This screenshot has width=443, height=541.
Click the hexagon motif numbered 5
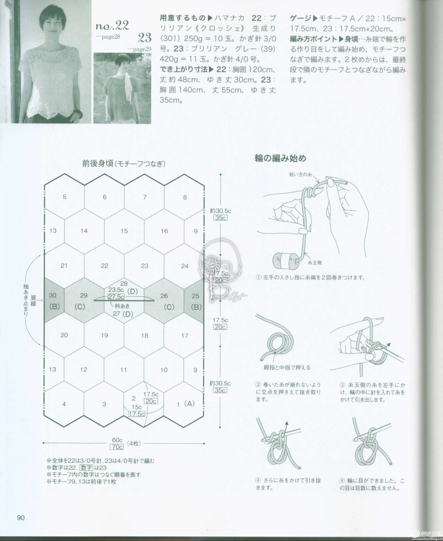point(64,197)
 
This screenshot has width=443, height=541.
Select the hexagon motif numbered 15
point(124,231)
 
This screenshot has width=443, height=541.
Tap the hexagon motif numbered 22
point(104,266)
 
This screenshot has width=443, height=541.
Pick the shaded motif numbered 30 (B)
point(54,301)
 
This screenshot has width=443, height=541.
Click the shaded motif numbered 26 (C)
point(164,301)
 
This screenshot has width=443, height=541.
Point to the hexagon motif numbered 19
point(104,336)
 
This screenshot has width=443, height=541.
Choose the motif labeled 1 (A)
point(185,404)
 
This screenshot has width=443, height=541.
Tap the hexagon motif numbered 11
point(124,370)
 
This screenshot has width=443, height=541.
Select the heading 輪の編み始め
point(280,159)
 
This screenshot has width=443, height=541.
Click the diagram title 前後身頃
point(98,164)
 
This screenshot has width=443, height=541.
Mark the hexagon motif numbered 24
point(185,266)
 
